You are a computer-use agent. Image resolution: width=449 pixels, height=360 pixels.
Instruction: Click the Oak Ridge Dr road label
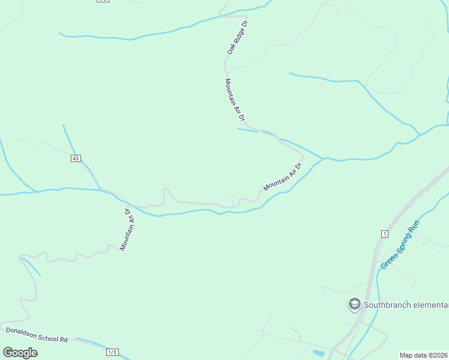237,38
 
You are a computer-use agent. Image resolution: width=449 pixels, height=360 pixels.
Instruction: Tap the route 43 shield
75,158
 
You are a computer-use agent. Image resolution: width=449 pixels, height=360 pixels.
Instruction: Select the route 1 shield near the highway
384,233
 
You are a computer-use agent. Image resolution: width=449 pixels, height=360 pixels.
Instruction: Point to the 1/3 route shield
112,352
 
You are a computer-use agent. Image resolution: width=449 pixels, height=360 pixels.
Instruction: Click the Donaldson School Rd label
37,334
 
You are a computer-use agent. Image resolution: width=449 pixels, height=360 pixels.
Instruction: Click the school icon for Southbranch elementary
354,304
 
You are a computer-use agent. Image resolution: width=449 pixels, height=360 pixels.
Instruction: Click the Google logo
20,353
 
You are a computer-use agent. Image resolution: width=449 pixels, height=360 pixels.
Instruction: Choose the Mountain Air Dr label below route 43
128,230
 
